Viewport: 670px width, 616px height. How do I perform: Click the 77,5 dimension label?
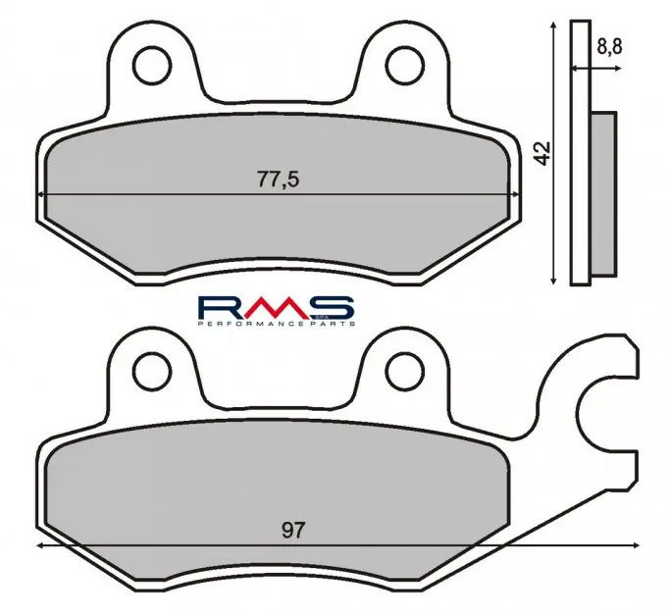pos(278,179)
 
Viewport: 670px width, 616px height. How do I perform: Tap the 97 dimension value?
pos(293,531)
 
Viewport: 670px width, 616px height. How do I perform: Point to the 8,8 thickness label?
pos(609,46)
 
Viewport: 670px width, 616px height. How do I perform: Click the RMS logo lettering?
pos(276,307)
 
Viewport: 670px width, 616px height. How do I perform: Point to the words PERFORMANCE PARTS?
pos(276,324)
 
